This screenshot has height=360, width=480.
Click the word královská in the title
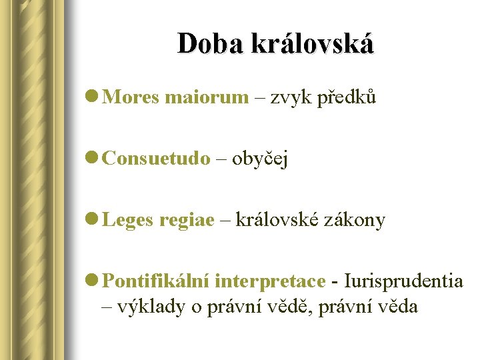pos(312,43)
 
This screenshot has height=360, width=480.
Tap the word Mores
pos(131,98)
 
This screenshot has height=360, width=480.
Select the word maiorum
pos(206,98)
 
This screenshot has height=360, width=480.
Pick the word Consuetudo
pos(157,159)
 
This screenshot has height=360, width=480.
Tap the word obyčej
pos(260,160)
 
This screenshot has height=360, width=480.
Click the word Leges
pos(129,220)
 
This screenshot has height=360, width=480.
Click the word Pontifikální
pos(157,281)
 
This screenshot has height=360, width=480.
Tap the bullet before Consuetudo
pos(93,159)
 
